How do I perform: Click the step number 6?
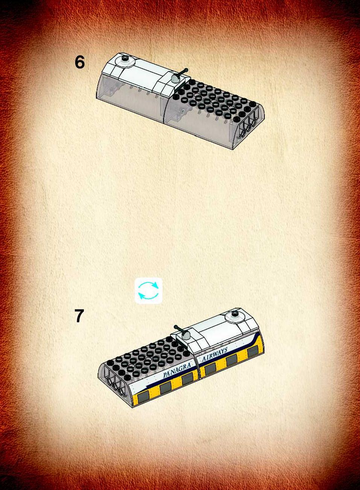click(x=79, y=62)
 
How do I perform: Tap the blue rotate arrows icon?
click(x=149, y=291)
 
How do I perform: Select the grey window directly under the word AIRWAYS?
click(x=210, y=369)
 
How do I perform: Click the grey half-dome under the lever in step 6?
click(x=176, y=79)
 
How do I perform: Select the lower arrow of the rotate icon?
click(x=148, y=297)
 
